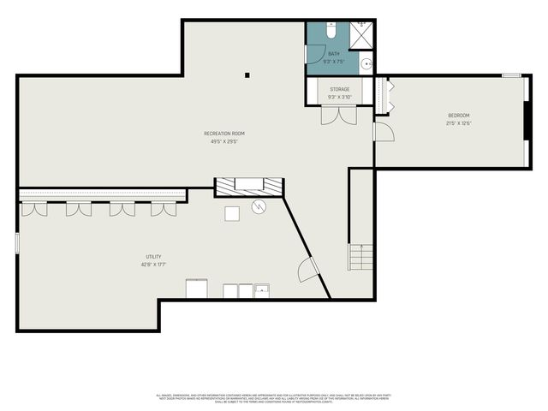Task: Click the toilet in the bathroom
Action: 332,31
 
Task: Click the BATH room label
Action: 333,54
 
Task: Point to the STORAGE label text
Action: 340,89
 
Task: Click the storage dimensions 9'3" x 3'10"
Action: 340,97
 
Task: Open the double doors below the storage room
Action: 338,115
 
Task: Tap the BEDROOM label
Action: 459,116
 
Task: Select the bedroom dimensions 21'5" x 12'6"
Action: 459,123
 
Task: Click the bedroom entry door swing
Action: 383,133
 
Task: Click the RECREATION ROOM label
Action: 224,133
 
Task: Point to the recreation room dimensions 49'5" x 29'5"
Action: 224,141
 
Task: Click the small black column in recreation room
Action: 247,75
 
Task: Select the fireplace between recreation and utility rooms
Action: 249,187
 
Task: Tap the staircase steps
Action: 360,257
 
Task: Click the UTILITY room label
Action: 153,257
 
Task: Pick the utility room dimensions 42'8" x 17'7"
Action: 153,265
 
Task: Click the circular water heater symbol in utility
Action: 259,207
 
